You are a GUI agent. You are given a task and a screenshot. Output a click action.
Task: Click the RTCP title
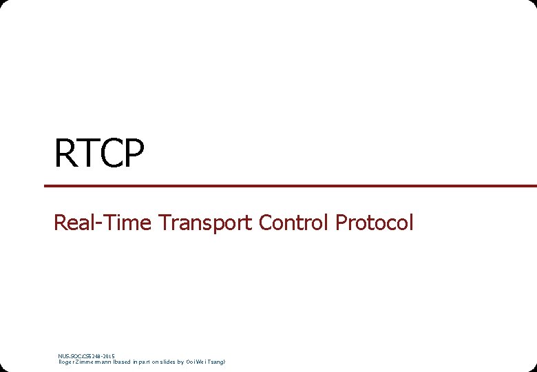click(x=100, y=154)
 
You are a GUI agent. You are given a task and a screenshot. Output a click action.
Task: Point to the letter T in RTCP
click(x=89, y=154)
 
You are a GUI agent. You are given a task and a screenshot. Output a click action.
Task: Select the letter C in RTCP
click(x=112, y=154)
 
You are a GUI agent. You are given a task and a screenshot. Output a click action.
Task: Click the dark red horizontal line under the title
click(x=289, y=186)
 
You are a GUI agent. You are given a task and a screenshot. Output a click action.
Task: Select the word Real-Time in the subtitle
click(x=103, y=223)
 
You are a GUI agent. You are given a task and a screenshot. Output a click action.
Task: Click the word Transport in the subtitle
click(x=205, y=223)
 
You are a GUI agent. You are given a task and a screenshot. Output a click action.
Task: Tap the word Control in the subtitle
click(x=294, y=223)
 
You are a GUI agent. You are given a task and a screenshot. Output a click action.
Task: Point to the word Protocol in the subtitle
click(x=375, y=223)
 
